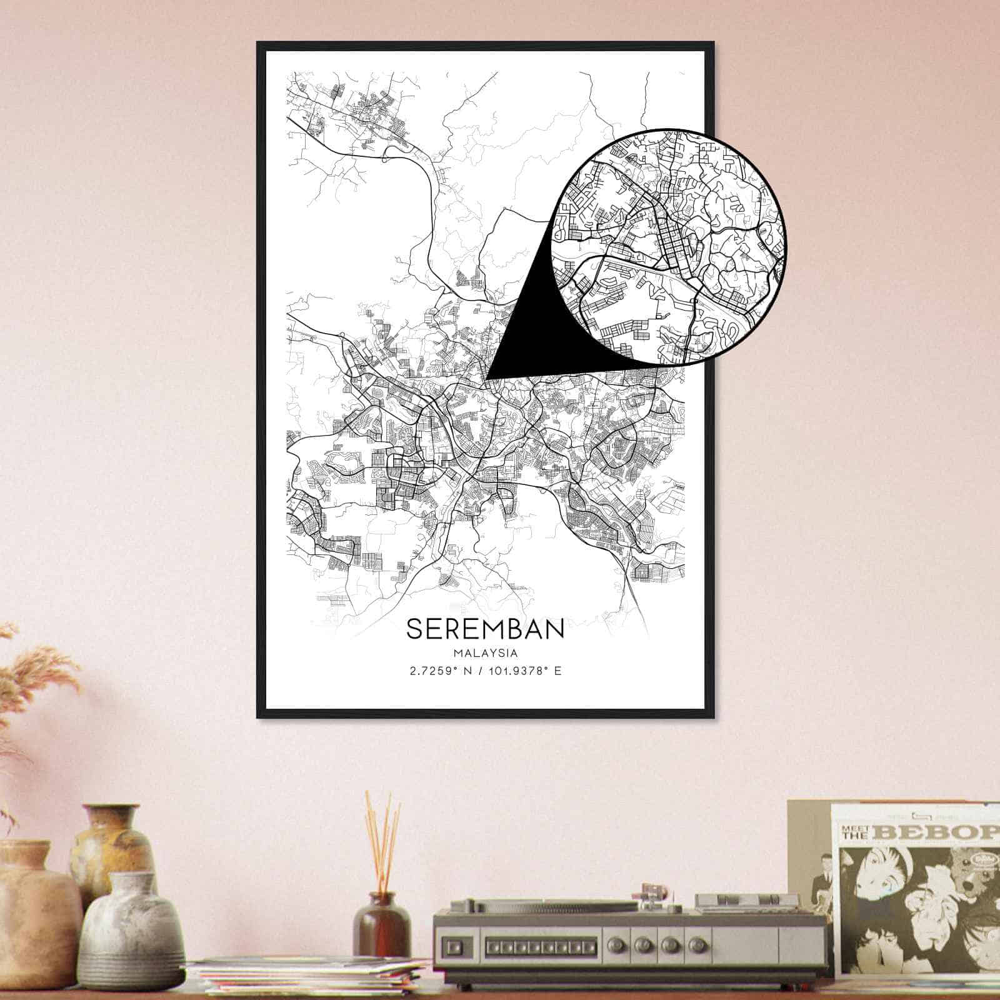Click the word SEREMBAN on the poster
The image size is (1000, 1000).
click(x=485, y=629)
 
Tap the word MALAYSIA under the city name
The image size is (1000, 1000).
click(x=485, y=653)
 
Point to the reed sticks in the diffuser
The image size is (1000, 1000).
click(x=382, y=837)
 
